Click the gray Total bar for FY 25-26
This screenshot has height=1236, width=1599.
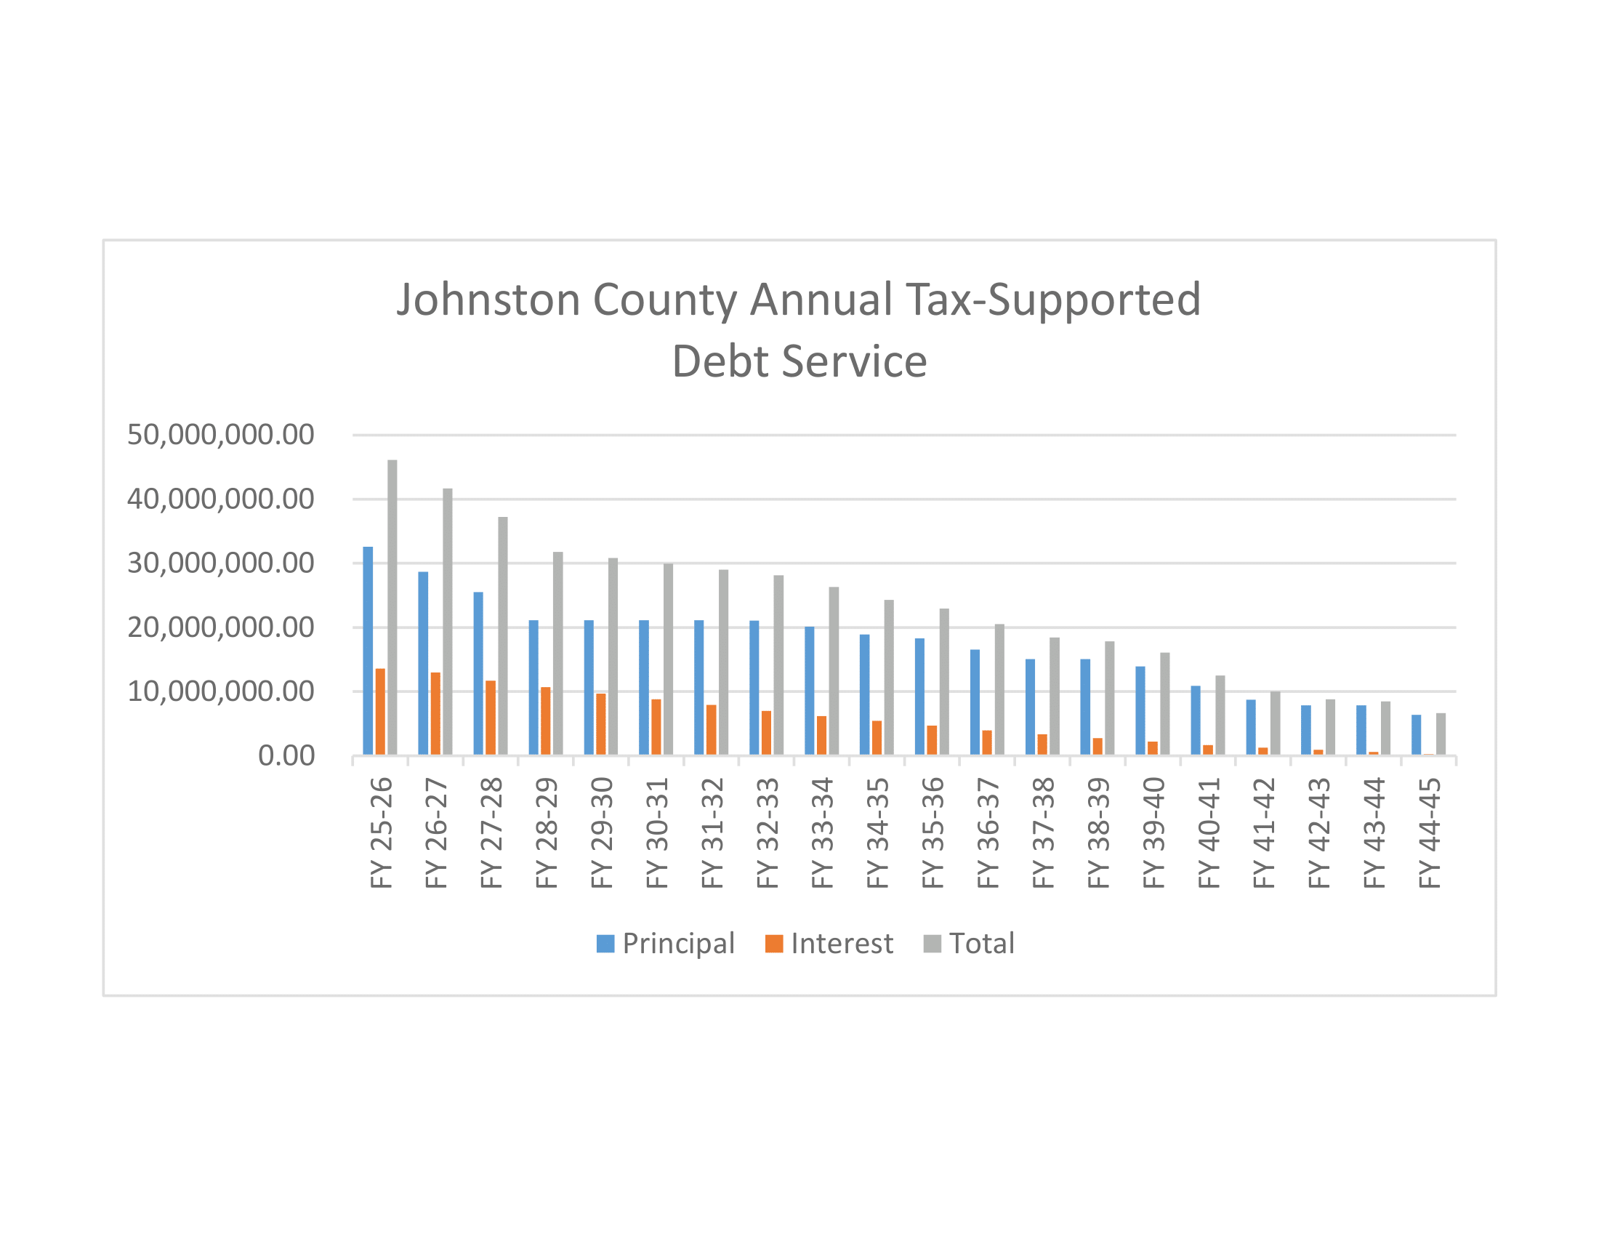[392, 608]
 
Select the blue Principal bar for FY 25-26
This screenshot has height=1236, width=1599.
[368, 651]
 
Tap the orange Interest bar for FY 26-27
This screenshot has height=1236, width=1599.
[435, 714]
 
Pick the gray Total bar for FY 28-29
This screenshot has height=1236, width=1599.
[558, 654]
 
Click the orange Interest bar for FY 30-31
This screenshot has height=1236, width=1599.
[656, 727]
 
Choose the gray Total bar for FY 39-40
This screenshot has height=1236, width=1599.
[1165, 704]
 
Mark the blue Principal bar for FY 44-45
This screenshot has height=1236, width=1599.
[1416, 734]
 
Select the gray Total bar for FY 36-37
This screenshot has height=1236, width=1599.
[999, 690]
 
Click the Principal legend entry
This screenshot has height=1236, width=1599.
[666, 943]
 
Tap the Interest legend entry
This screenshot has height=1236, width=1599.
[829, 943]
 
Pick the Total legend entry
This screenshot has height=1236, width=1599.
[970, 943]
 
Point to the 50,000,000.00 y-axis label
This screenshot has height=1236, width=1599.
[220, 435]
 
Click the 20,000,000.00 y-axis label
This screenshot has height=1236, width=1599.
[220, 627]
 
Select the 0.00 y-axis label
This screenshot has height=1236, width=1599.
[286, 755]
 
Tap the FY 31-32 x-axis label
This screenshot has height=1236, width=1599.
[712, 833]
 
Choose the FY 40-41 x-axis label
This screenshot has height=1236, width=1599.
[1208, 833]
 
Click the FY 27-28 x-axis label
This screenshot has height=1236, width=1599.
[491, 833]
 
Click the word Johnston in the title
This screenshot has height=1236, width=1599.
[488, 300]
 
